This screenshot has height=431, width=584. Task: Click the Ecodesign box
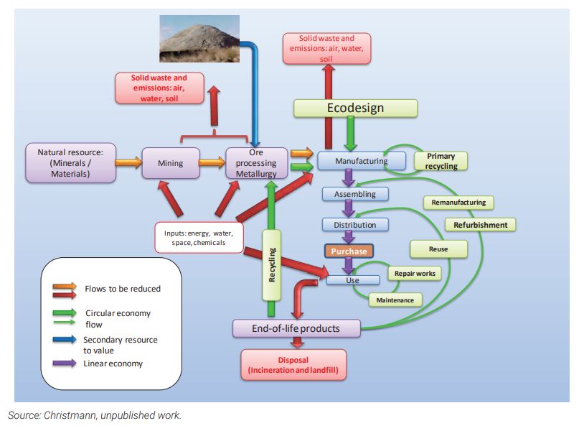tap(355, 108)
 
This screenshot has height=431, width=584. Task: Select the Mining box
tap(170, 163)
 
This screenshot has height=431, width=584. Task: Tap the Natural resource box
tap(70, 163)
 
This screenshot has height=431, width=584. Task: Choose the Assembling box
tap(354, 194)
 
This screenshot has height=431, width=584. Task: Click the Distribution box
tap(354, 224)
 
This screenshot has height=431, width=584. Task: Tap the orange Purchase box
tap(349, 251)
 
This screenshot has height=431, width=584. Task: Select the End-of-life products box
tap(296, 328)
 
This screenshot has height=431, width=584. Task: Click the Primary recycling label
tap(441, 161)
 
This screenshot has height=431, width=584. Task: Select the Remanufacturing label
tap(458, 203)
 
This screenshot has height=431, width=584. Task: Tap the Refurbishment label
tap(480, 225)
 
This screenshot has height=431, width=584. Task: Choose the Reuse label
tap(438, 249)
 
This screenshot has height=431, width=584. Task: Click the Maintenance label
tap(395, 300)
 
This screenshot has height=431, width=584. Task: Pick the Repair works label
tap(415, 274)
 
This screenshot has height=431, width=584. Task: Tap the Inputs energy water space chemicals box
tap(199, 238)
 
